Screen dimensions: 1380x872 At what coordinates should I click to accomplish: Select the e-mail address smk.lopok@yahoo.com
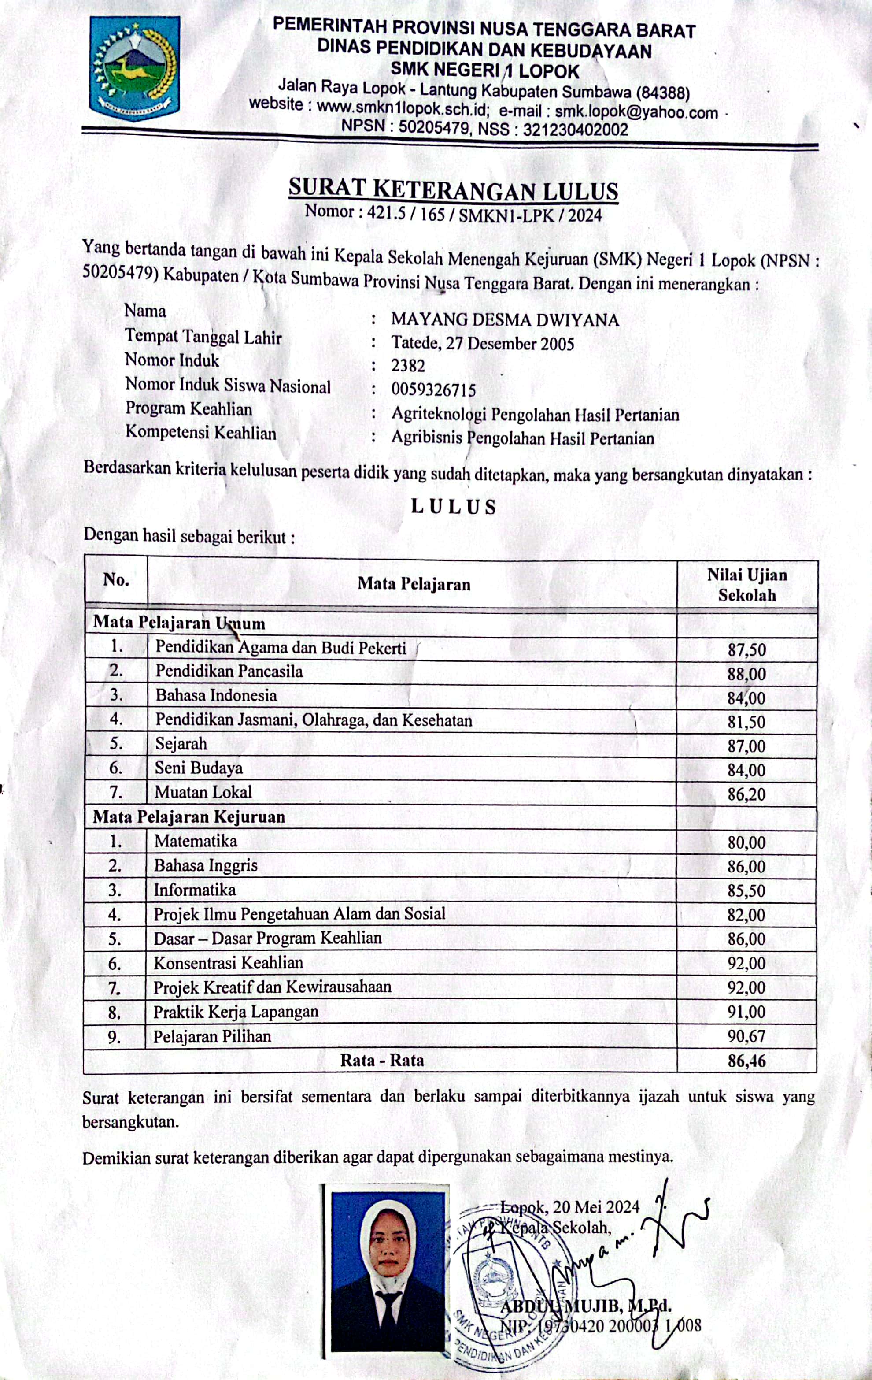tap(636, 111)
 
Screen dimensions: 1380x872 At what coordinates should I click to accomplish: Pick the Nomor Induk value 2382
tap(408, 366)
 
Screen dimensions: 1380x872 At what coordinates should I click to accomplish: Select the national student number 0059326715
tap(433, 390)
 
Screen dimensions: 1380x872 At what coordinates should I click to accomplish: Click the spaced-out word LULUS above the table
tap(454, 507)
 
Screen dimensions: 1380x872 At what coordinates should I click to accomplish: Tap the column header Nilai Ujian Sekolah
tap(746, 585)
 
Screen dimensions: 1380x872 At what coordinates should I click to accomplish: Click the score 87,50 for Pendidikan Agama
tap(746, 650)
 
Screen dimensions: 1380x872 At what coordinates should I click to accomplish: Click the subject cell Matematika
tap(196, 841)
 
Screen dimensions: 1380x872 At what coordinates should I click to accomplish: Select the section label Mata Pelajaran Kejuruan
tap(189, 816)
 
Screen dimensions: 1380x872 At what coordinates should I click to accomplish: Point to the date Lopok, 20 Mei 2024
tap(570, 1207)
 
